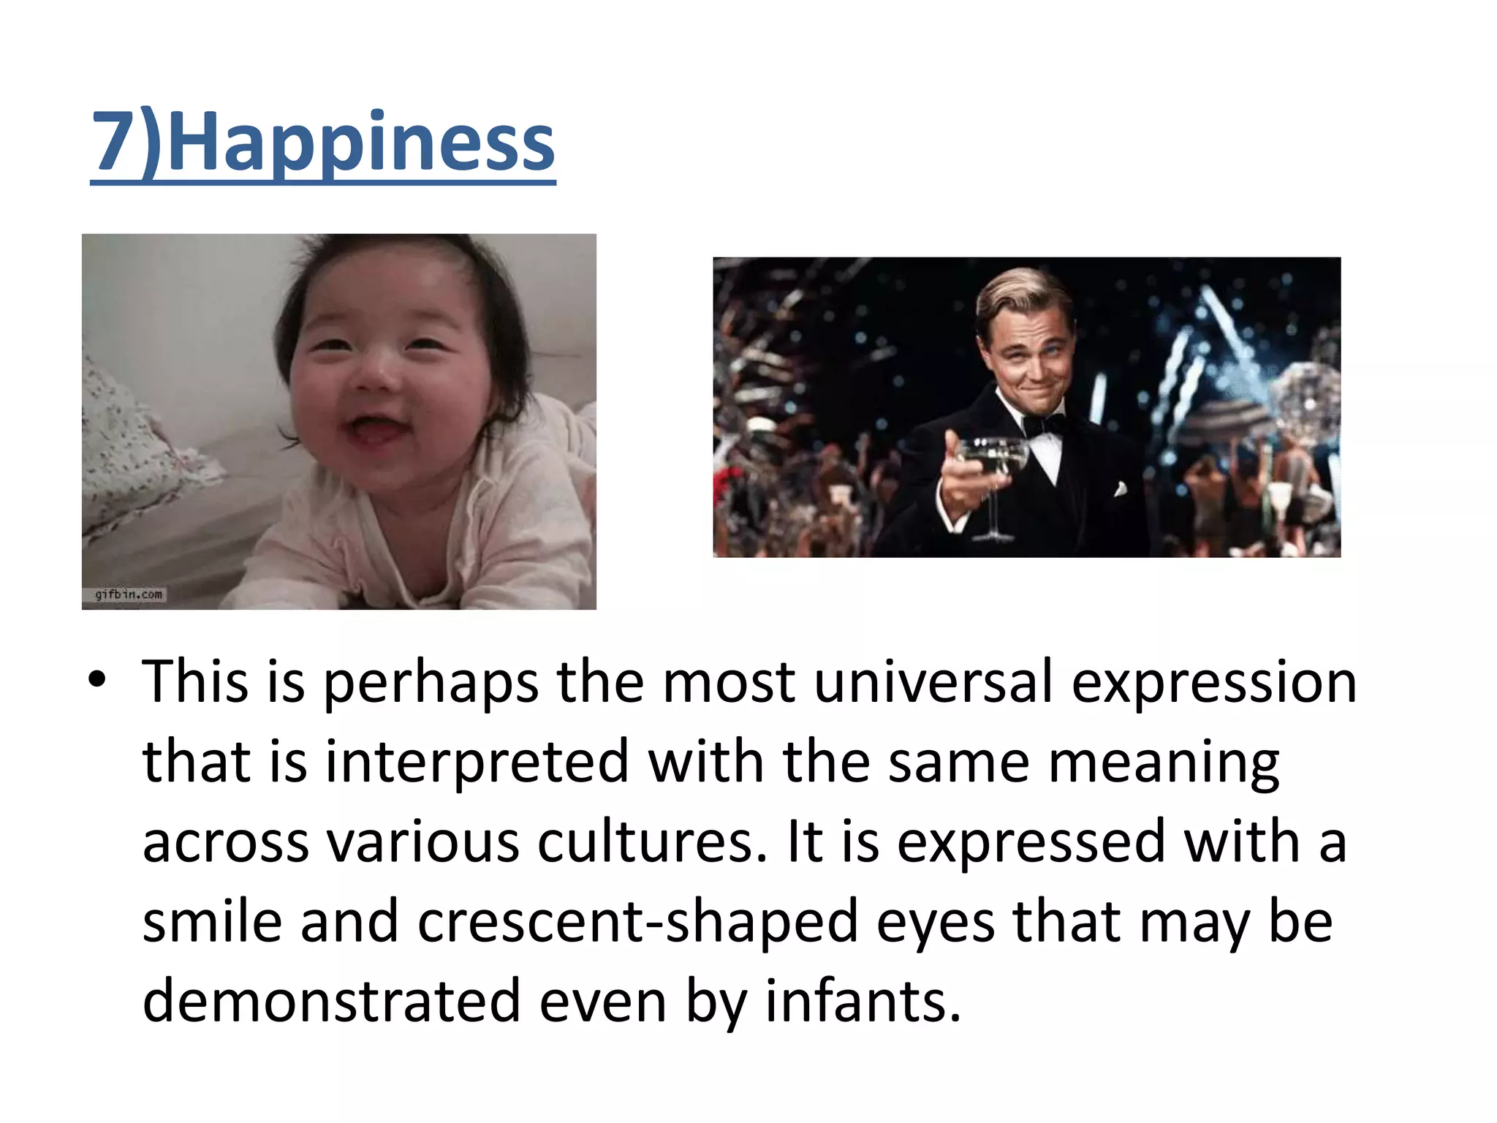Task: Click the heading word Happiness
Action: pos(362,143)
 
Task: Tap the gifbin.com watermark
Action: pos(129,594)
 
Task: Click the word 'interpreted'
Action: pos(477,762)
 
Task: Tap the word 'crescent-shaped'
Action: pos(638,921)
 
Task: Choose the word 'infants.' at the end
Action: pos(863,1001)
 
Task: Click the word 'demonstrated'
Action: pos(331,1001)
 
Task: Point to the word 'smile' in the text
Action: pos(212,921)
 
